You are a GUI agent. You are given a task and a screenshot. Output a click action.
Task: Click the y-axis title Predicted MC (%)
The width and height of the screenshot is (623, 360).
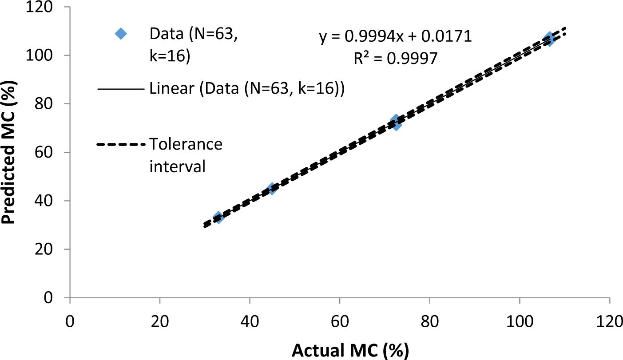[9, 151]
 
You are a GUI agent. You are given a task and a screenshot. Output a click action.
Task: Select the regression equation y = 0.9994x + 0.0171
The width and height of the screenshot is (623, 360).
[395, 37]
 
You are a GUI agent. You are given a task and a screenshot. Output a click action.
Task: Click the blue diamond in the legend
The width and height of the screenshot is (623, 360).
[120, 34]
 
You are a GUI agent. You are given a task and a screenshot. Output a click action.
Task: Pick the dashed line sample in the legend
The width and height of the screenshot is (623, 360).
[121, 145]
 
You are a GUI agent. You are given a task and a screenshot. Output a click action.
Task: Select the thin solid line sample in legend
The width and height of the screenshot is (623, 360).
[121, 89]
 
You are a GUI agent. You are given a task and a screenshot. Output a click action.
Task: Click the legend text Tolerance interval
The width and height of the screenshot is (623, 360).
[186, 155]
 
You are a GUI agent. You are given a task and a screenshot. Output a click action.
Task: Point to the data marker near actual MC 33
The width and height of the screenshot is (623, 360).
[218, 217]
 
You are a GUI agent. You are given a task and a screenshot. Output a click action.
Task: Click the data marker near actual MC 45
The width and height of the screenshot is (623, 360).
[272, 188]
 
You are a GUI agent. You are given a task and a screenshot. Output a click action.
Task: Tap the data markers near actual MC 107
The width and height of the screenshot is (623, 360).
[549, 39]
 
